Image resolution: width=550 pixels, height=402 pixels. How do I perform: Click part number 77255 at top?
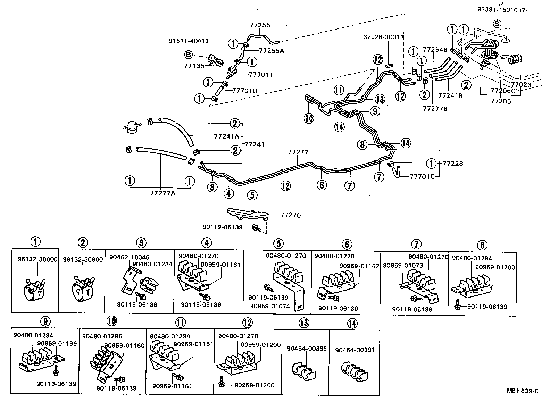pos(260,25)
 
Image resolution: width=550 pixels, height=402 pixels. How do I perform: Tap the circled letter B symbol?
pos(188,55)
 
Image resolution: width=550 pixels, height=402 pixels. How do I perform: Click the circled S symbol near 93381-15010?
pos(497,24)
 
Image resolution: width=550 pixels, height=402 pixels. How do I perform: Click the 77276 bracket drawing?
pos(247,214)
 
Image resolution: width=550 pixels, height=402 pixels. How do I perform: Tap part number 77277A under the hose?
pos(163,193)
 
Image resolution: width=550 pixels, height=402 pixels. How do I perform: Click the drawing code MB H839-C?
pos(522,391)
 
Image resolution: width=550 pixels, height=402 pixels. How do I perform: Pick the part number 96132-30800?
pos(83,259)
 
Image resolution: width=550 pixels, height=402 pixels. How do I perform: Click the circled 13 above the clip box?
pos(303,323)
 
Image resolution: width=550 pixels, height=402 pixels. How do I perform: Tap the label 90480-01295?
pos(102,336)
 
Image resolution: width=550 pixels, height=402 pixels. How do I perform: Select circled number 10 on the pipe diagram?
pos(309,118)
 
